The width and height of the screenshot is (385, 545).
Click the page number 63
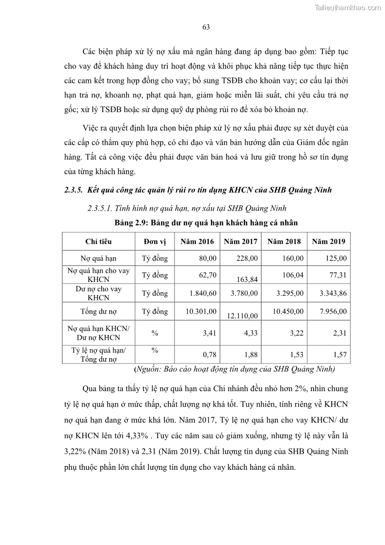coord(206,27)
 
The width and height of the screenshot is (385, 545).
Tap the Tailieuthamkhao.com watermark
coord(348,7)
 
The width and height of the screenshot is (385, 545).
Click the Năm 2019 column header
coord(329,241)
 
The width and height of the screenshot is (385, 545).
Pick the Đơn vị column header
coord(155,241)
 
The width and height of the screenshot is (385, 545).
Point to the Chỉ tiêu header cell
coord(98,241)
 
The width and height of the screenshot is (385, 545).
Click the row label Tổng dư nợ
coord(98,312)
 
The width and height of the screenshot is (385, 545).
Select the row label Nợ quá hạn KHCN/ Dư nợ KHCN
coord(98,333)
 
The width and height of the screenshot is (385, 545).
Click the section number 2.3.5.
coord(75,190)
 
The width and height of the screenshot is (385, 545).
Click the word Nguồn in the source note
coord(147,369)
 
